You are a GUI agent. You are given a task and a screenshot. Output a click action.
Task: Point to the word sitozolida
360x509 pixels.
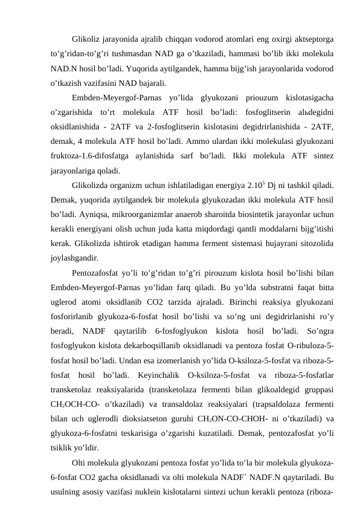click(318, 244)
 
